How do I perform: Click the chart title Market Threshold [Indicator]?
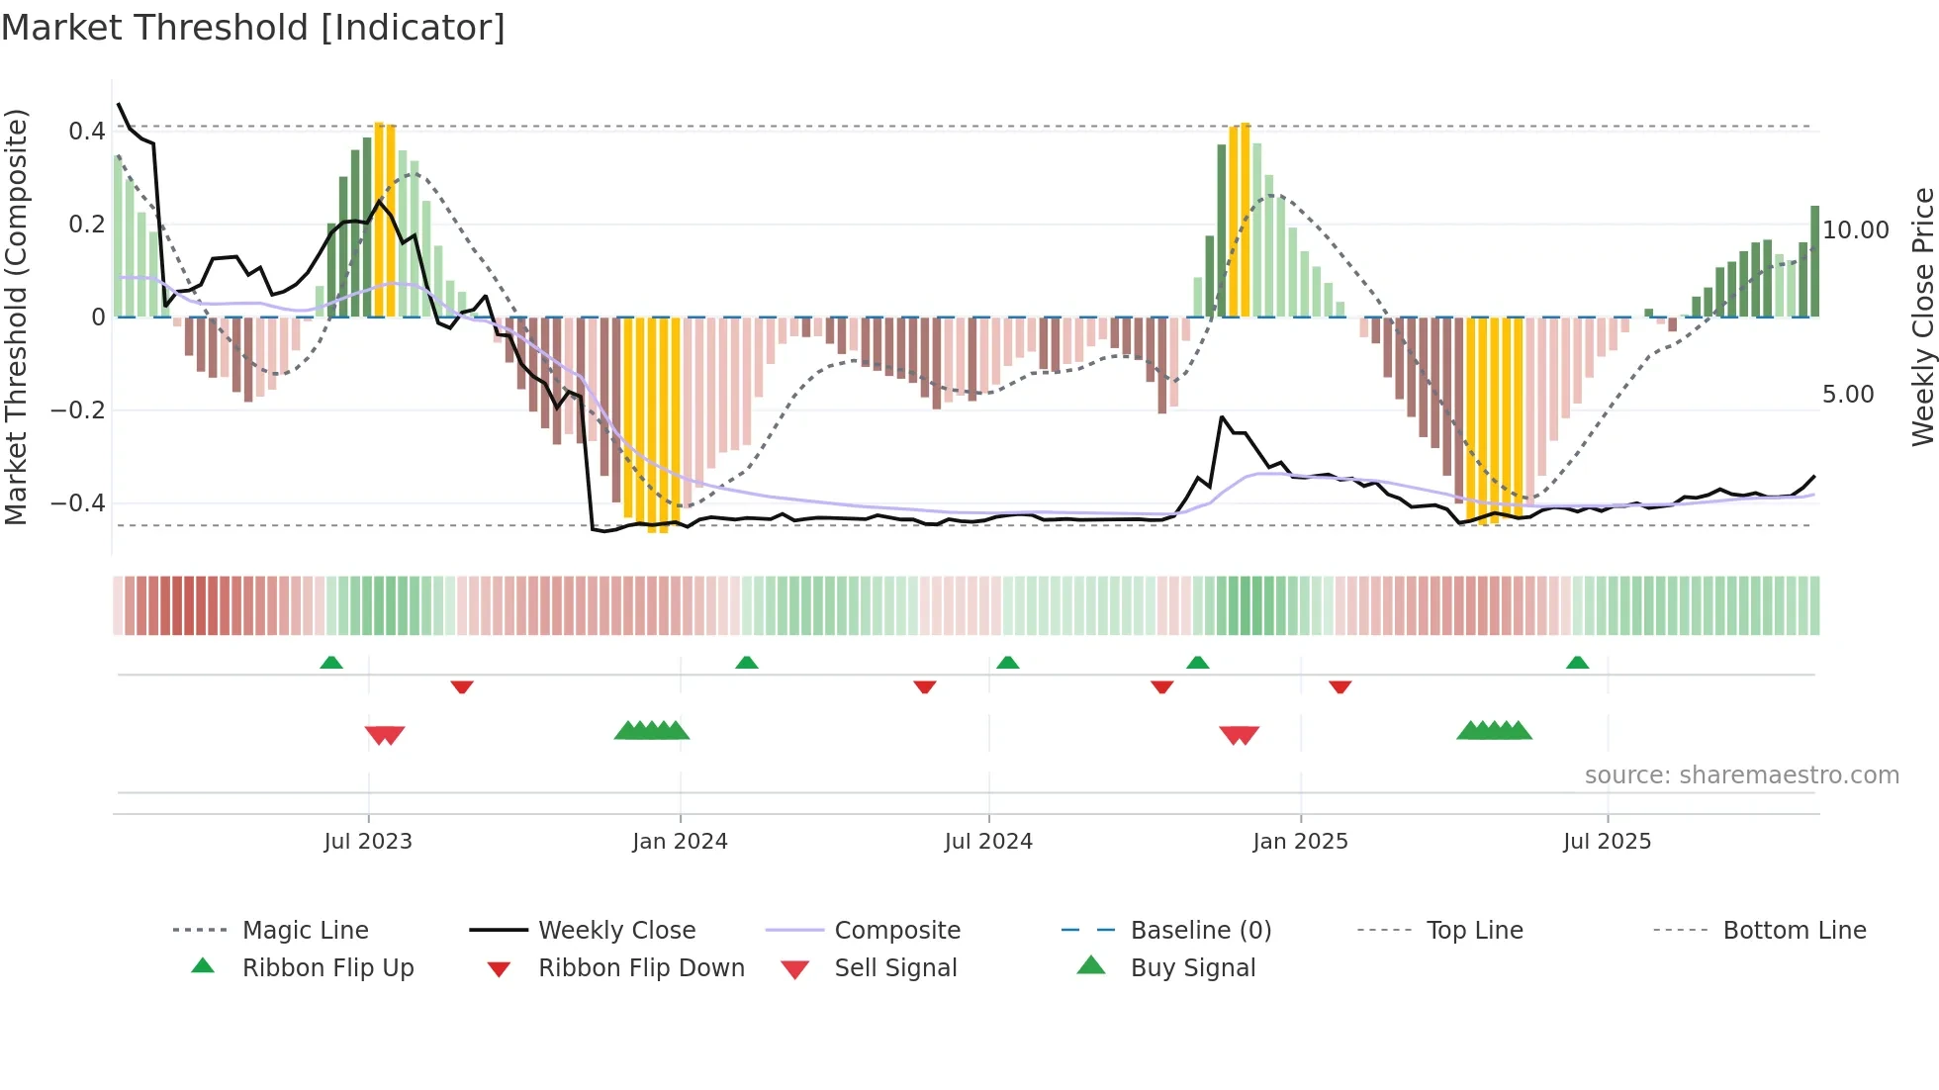(253, 28)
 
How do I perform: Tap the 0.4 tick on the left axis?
(87, 132)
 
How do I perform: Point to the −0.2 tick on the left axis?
(78, 410)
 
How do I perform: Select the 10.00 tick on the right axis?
(1856, 230)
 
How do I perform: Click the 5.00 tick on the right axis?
(1848, 395)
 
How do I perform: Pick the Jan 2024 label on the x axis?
(680, 842)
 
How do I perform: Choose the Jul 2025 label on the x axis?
(1607, 842)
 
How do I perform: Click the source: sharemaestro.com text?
(1741, 775)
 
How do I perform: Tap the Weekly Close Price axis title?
(1922, 317)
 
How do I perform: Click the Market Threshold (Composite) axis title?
(16, 317)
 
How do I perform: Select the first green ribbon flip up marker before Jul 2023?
(331, 663)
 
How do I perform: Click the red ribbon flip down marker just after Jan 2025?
(1340, 686)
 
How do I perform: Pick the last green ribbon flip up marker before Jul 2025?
(1577, 663)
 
